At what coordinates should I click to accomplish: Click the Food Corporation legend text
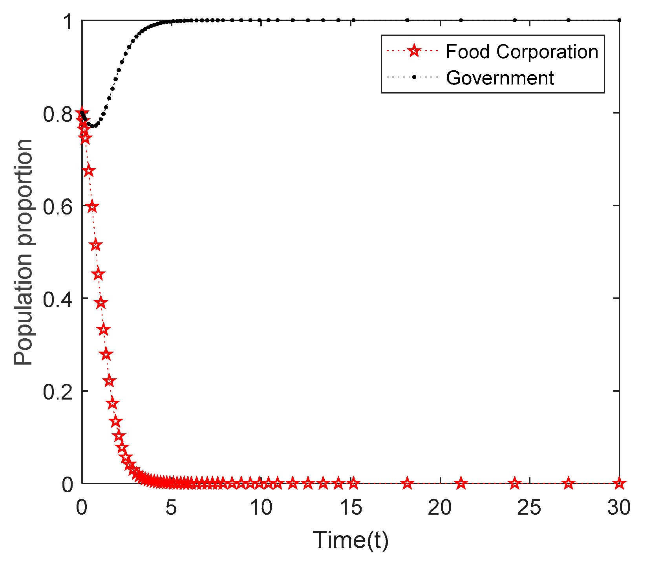pos(521,52)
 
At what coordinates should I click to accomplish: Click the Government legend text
pos(499,78)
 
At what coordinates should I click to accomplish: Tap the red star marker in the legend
pos(413,51)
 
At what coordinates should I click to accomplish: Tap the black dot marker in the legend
pos(413,77)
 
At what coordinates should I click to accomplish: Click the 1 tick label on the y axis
pos(68,22)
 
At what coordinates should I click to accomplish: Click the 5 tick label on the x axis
pos(171,508)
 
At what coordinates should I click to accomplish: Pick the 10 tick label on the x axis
pos(261,508)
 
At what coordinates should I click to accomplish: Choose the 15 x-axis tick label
pos(350,508)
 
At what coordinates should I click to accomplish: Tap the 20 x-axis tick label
pos(440,508)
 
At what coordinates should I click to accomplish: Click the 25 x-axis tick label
pos(529,508)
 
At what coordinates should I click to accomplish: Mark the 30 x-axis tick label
pos(619,508)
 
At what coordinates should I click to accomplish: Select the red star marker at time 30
pos(619,483)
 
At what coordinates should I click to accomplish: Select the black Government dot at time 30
pos(619,20)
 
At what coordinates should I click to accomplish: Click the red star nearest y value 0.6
pos(92,207)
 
